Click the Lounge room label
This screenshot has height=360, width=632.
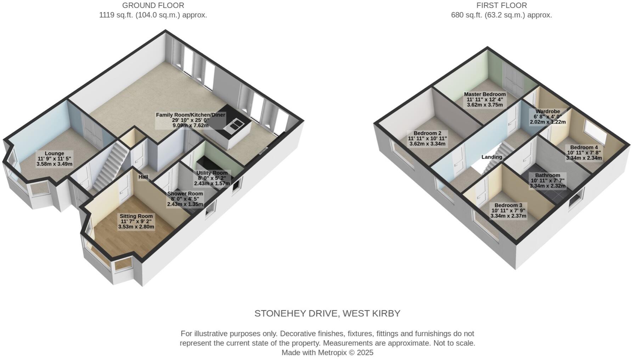(55, 159)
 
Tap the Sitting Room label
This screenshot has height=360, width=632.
(136, 221)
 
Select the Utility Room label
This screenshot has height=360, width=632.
(212, 178)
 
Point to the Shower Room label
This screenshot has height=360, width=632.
(185, 199)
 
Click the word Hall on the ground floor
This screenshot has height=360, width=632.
(143, 177)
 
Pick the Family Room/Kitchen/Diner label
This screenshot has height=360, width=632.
(191, 120)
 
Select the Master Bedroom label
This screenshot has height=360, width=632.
(485, 100)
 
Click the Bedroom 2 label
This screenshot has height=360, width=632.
(427, 139)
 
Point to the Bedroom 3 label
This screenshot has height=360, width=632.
(508, 210)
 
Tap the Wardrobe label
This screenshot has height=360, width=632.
(547, 117)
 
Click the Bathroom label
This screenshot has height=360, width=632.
(547, 180)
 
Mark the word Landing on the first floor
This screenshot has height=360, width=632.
(492, 157)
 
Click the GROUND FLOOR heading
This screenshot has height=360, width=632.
(153, 6)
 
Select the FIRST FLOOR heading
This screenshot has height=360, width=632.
(501, 6)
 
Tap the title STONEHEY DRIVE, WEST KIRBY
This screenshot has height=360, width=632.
(327, 314)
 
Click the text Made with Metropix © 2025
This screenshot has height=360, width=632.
(327, 353)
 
